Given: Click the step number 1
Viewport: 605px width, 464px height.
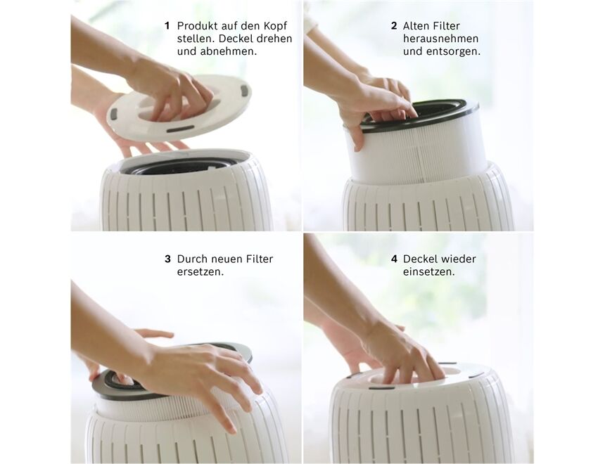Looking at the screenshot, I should (x=167, y=26).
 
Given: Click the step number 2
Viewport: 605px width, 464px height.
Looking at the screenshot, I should (x=394, y=26).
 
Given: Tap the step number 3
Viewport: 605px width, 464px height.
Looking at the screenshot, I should (x=167, y=259).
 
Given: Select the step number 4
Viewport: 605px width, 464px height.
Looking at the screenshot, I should (x=394, y=259).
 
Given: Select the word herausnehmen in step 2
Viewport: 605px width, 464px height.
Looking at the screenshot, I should (x=440, y=39).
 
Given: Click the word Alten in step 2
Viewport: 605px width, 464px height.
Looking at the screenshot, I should (x=416, y=26).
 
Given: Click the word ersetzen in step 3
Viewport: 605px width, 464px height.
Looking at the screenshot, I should (x=200, y=271).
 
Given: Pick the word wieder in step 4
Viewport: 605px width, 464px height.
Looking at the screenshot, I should (x=459, y=259).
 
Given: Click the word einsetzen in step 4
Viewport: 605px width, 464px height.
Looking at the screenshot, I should (x=428, y=271).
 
